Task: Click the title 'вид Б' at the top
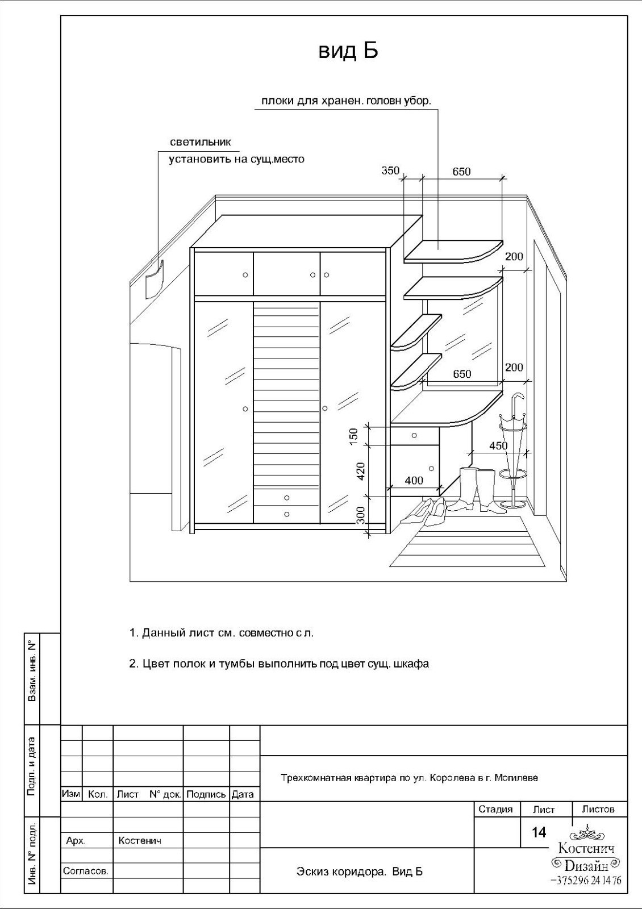click(x=348, y=51)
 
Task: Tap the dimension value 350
click(x=390, y=170)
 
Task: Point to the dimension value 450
click(x=498, y=446)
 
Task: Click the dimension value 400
click(x=414, y=481)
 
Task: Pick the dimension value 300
click(x=360, y=515)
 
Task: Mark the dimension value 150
click(x=353, y=435)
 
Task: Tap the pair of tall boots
click(x=478, y=489)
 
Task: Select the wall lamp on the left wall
click(x=153, y=280)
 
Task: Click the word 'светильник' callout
click(x=201, y=142)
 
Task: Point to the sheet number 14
click(x=539, y=832)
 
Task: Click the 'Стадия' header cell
click(x=495, y=809)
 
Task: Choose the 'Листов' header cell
click(x=598, y=809)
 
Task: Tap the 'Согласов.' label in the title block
click(x=86, y=870)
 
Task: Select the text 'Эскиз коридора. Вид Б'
click(x=360, y=872)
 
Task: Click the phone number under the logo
click(x=586, y=880)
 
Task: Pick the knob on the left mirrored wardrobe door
click(x=245, y=409)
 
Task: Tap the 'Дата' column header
click(x=243, y=794)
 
